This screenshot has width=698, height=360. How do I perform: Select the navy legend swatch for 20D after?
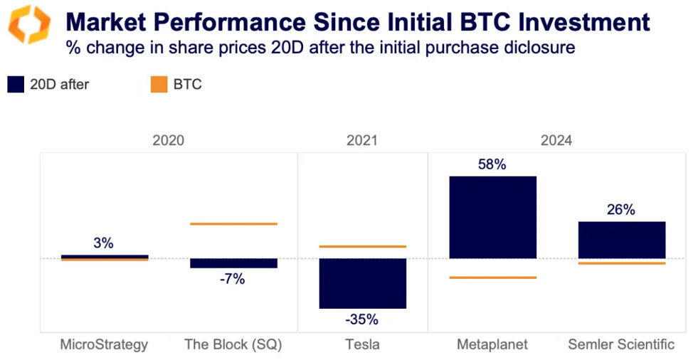click(x=16, y=84)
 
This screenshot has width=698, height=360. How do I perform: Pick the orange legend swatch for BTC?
click(x=158, y=84)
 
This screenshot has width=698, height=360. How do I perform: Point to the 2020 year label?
click(x=168, y=140)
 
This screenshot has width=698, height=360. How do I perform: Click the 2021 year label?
click(x=362, y=140)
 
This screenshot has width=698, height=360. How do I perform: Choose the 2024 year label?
click(x=556, y=140)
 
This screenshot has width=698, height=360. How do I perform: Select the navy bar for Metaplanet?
click(x=492, y=216)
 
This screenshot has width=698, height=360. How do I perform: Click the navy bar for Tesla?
click(x=362, y=282)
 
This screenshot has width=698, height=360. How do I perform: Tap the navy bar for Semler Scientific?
click(x=621, y=240)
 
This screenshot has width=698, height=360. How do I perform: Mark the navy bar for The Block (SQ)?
click(x=233, y=263)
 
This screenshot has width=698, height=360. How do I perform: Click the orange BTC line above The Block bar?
click(x=233, y=224)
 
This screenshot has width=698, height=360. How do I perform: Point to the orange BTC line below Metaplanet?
click(x=492, y=277)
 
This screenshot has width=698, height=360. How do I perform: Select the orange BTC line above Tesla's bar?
click(x=362, y=246)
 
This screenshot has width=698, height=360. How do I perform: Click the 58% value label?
click(x=492, y=164)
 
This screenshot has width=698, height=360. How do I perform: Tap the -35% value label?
click(x=362, y=319)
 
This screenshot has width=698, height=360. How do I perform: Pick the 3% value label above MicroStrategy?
click(x=103, y=243)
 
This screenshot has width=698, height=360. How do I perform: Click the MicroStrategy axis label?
click(x=104, y=344)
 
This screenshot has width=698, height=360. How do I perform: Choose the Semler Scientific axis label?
click(x=621, y=344)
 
